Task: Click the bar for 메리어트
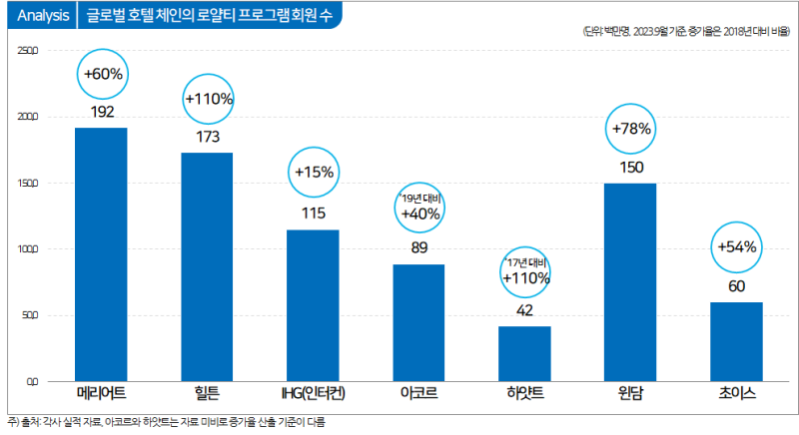point(101,254)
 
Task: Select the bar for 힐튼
point(207,266)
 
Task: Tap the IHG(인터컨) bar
point(313,305)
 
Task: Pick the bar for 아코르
point(418,322)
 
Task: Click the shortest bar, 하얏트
point(524,353)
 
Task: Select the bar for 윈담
point(630,282)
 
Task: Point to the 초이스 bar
point(736,341)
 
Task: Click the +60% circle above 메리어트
point(103,75)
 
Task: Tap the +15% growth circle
point(314,173)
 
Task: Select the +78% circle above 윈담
point(631,129)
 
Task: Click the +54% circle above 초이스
point(737,247)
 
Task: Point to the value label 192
point(102,112)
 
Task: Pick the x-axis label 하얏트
point(524,393)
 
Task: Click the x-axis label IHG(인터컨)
point(314,393)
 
